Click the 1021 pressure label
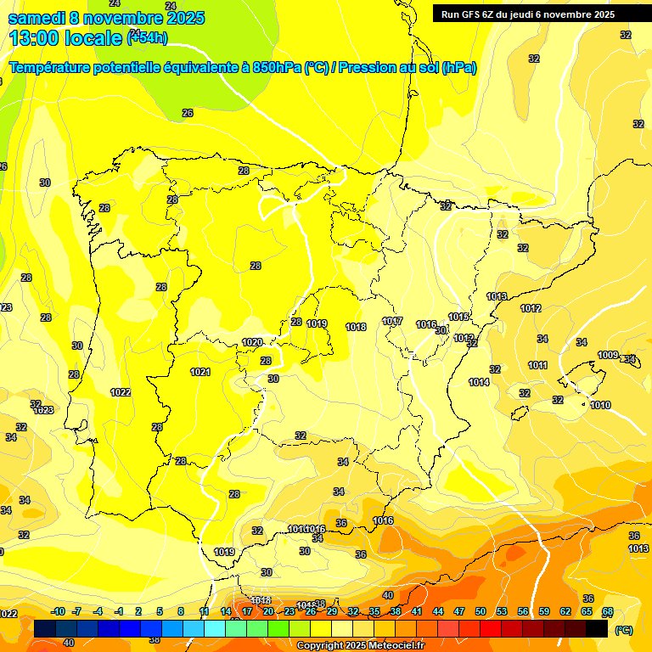(x=200, y=372)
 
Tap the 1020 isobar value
(x=252, y=343)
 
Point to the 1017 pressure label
(x=392, y=321)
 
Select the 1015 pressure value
(x=458, y=317)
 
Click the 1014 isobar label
(x=479, y=383)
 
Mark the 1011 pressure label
(x=537, y=366)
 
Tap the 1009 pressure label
(x=608, y=355)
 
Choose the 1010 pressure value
(x=600, y=405)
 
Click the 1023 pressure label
(x=43, y=410)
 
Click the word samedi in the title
(x=37, y=18)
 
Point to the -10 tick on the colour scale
(x=58, y=611)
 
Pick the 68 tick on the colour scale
(x=608, y=611)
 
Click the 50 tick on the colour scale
(x=481, y=611)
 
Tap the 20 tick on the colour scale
(x=268, y=611)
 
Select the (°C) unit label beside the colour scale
(x=623, y=630)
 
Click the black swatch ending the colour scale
(x=597, y=629)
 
